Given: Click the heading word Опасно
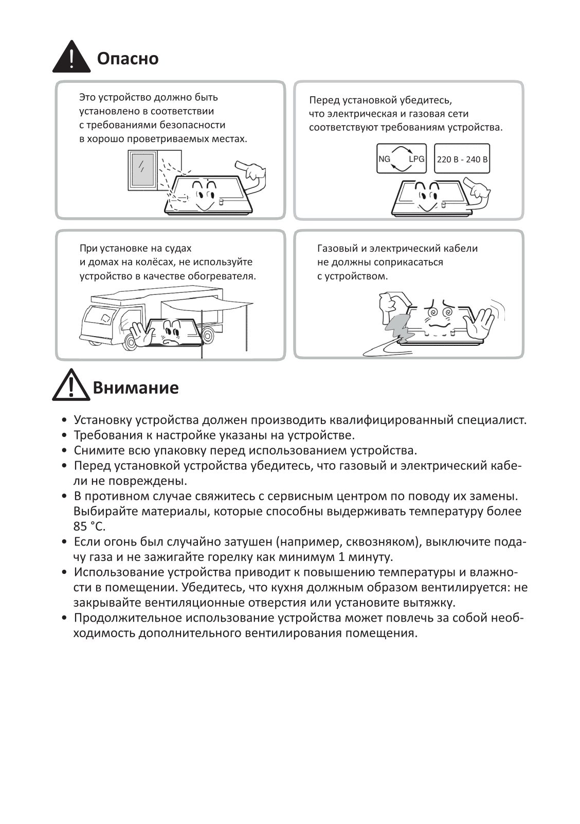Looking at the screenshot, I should tap(128, 59).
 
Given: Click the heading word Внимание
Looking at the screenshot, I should tap(136, 387).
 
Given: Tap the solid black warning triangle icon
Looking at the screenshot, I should tap(71, 57).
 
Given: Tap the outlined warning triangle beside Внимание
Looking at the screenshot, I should tap(71, 385).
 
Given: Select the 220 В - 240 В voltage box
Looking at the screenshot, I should tap(462, 159).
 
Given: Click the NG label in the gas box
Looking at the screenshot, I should tap(384, 159).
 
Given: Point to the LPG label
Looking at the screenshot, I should tap(416, 159).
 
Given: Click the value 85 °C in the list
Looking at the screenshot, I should tap(89, 527).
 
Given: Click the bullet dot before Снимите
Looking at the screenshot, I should tap(64, 451).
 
